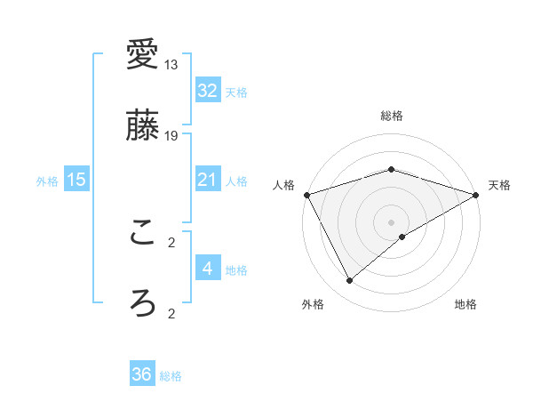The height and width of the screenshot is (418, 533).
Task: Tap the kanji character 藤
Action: pyautogui.click(x=142, y=125)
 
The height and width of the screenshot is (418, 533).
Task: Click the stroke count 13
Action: pyautogui.click(x=171, y=65)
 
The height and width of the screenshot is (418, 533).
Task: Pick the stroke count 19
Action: pyautogui.click(x=171, y=135)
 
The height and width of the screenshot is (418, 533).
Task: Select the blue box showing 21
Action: pyautogui.click(x=207, y=180)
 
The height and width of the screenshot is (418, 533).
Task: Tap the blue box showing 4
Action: pyautogui.click(x=207, y=268)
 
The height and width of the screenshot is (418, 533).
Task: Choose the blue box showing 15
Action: pyautogui.click(x=76, y=180)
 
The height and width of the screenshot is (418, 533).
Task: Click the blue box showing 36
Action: pyautogui.click(x=141, y=374)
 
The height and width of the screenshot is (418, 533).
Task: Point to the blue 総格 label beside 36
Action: pyautogui.click(x=171, y=376)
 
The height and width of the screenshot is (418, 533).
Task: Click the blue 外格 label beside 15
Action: pyautogui.click(x=47, y=181)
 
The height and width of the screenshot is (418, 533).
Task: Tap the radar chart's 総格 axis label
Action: pyautogui.click(x=392, y=116)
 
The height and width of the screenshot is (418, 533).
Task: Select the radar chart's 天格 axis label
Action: pyautogui.click(x=500, y=185)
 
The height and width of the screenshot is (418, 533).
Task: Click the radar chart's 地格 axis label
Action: pyautogui.click(x=465, y=304)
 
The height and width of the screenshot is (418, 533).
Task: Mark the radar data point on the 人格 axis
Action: pyautogui.click(x=306, y=195)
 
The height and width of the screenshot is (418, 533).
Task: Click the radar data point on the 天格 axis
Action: pyautogui.click(x=477, y=195)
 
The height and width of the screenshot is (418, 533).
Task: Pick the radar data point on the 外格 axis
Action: pyautogui.click(x=350, y=281)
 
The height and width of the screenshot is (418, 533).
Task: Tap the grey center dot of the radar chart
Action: pyautogui.click(x=392, y=221)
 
